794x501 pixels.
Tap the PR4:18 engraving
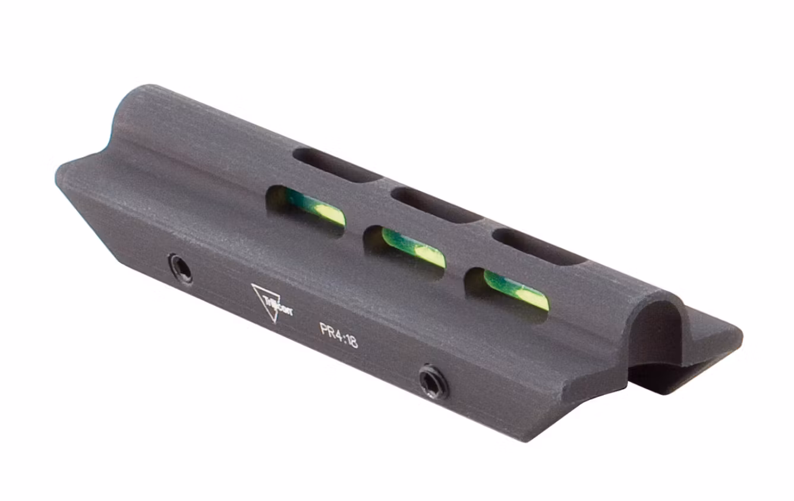click(339, 336)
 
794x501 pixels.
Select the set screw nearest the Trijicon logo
click(180, 269)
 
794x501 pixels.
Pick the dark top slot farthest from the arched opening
click(336, 165)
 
